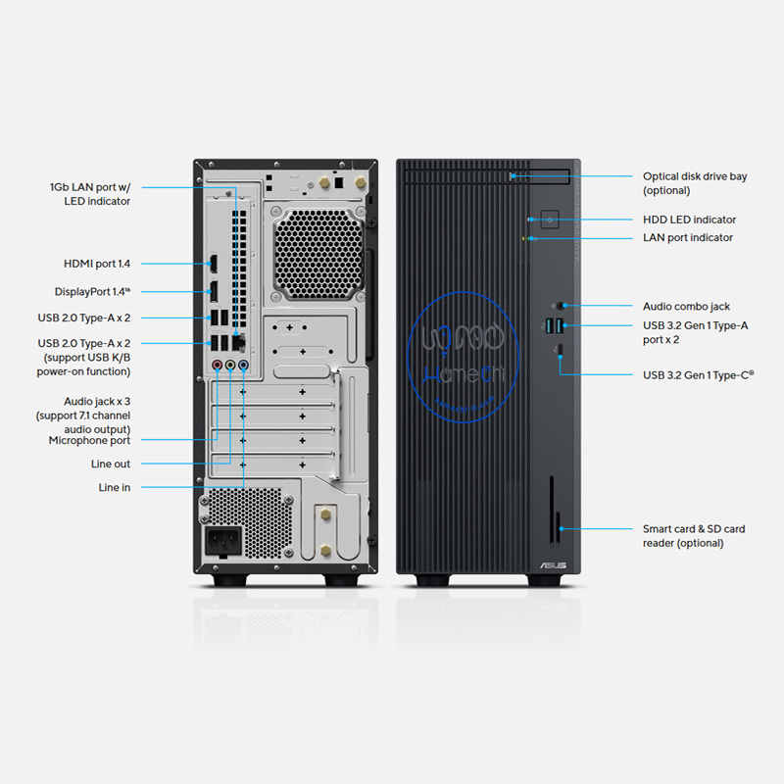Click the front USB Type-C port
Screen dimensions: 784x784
pyautogui.click(x=559, y=349)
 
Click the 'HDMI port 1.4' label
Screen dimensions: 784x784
pyautogui.click(x=97, y=264)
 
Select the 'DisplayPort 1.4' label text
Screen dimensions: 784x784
pyautogui.click(x=92, y=291)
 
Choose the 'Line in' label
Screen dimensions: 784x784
pyautogui.click(x=114, y=487)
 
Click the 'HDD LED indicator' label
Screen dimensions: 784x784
pyautogui.click(x=689, y=220)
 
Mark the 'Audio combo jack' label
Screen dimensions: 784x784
pyautogui.click(x=686, y=307)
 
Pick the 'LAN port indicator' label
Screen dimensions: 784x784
pyautogui.click(x=687, y=237)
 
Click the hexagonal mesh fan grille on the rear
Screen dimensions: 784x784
pyautogui.click(x=319, y=255)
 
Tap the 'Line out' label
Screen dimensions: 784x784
pyautogui.click(x=111, y=465)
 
